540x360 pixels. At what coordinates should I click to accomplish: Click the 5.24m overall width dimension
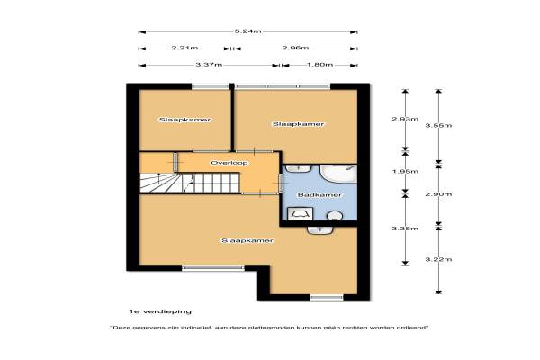pyautogui.click(x=248, y=31)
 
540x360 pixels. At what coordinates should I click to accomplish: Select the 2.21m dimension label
pyautogui.click(x=184, y=48)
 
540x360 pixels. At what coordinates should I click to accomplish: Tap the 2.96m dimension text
pyautogui.click(x=295, y=48)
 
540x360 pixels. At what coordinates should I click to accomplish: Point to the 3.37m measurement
pyautogui.click(x=209, y=65)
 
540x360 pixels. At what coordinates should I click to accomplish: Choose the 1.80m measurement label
pyautogui.click(x=319, y=65)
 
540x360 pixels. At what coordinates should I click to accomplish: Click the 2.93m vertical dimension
pyautogui.click(x=405, y=119)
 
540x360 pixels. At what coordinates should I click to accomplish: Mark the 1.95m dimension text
pyautogui.click(x=405, y=172)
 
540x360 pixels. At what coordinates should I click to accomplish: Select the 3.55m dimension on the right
pyautogui.click(x=438, y=125)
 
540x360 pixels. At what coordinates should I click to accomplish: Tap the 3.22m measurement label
pyautogui.click(x=438, y=259)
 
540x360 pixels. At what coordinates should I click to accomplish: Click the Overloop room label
pyautogui.click(x=229, y=163)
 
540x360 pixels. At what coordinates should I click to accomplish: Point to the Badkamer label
pyautogui.click(x=319, y=195)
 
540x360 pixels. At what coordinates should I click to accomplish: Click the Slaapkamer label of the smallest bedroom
pyautogui.click(x=184, y=120)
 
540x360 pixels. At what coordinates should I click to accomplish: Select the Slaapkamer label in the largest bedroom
pyautogui.click(x=247, y=240)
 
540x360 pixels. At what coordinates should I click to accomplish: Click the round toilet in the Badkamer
pyautogui.click(x=335, y=216)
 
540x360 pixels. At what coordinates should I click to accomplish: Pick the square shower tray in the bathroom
pyautogui.click(x=300, y=213)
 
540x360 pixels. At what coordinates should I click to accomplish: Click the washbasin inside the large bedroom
pyautogui.click(x=319, y=230)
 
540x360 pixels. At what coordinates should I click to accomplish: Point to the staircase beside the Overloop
pyautogui.click(x=189, y=183)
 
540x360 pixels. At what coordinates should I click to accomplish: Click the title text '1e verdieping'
pyautogui.click(x=160, y=311)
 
